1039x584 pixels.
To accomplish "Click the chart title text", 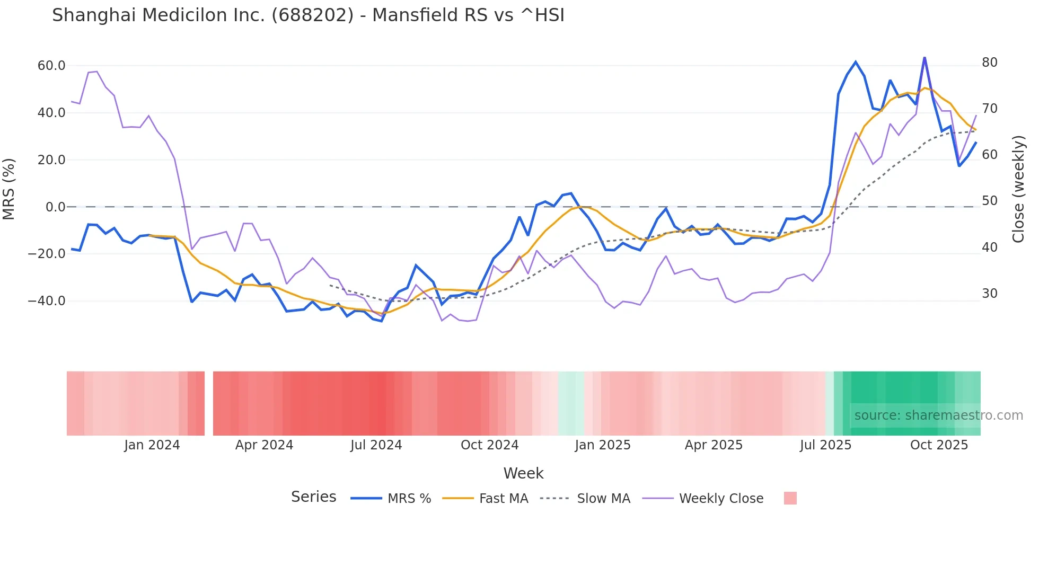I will [x=308, y=15].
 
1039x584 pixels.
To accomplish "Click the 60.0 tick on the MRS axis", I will [x=51, y=66].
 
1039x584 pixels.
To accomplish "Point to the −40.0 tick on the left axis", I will [x=47, y=301].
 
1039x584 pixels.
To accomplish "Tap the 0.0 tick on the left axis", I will [x=55, y=207].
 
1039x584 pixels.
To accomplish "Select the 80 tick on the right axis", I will [x=989, y=63].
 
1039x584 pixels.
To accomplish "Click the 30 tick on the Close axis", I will [x=989, y=294].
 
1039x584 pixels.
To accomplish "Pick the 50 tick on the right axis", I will [x=989, y=201].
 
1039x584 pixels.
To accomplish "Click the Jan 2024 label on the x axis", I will [x=152, y=445].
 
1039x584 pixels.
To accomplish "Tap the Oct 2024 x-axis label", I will [x=489, y=445].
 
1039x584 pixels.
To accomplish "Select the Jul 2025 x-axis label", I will [x=825, y=445].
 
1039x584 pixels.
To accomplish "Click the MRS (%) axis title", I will [x=9, y=189].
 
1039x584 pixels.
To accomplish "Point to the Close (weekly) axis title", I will [x=1018, y=189].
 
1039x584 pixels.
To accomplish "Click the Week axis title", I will [x=523, y=473].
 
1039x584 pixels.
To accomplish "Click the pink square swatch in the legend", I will [x=790, y=499].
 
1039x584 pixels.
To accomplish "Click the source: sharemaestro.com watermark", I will [x=938, y=415].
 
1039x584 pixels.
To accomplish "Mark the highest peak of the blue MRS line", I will [x=924, y=57].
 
